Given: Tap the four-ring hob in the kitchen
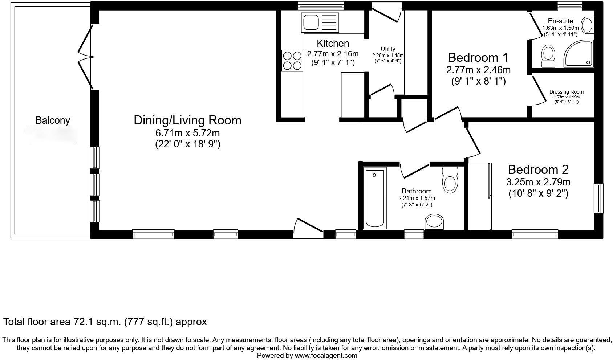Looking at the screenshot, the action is tap(292, 61).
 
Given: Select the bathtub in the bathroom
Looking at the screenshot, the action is tap(375, 198).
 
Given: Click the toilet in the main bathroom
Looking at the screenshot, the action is tap(450, 180).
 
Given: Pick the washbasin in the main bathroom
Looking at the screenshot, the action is tap(434, 222).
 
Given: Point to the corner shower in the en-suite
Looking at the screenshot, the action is tap(579, 54).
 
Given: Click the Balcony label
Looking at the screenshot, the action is tap(53, 120).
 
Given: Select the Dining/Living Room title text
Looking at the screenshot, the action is tap(187, 120).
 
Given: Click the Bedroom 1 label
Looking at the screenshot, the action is tap(478, 57).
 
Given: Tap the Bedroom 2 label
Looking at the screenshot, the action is tap(538, 169).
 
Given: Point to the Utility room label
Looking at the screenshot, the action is tap(388, 49).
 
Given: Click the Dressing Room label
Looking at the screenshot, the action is tap(567, 92).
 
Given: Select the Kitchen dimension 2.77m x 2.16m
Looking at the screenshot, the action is tap(333, 54).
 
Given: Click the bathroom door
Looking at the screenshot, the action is tap(415, 171).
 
